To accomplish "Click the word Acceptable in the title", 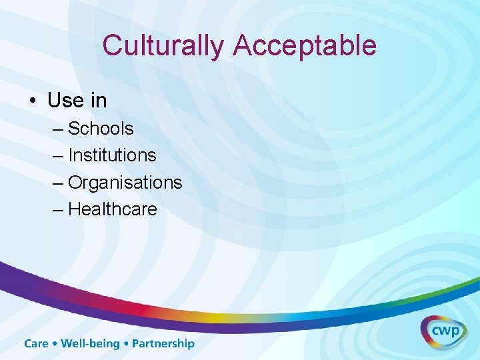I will coord(305,46).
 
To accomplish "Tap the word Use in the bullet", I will coord(65,100).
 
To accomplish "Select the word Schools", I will coord(101,128).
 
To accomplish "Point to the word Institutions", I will coord(112,155).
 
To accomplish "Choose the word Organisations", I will coord(125,182).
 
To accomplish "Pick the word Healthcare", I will coord(113,209).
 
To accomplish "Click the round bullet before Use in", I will coord(31,101).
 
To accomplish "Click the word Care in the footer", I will coord(37,344).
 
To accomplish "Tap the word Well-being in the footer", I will coord(91,344).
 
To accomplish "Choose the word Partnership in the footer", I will coord(163,344).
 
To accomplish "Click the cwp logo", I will coord(443,330).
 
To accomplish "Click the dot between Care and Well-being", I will coord(55,344).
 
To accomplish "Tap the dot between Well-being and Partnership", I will coord(126,344).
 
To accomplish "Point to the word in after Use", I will coord(98,100).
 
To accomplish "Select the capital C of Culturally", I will coord(112,46).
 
